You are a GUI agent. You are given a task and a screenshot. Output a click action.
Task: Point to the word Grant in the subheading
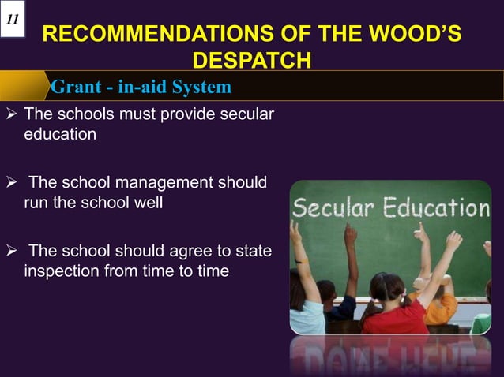[x=77, y=86]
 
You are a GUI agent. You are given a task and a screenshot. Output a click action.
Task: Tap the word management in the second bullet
[x=164, y=184]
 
